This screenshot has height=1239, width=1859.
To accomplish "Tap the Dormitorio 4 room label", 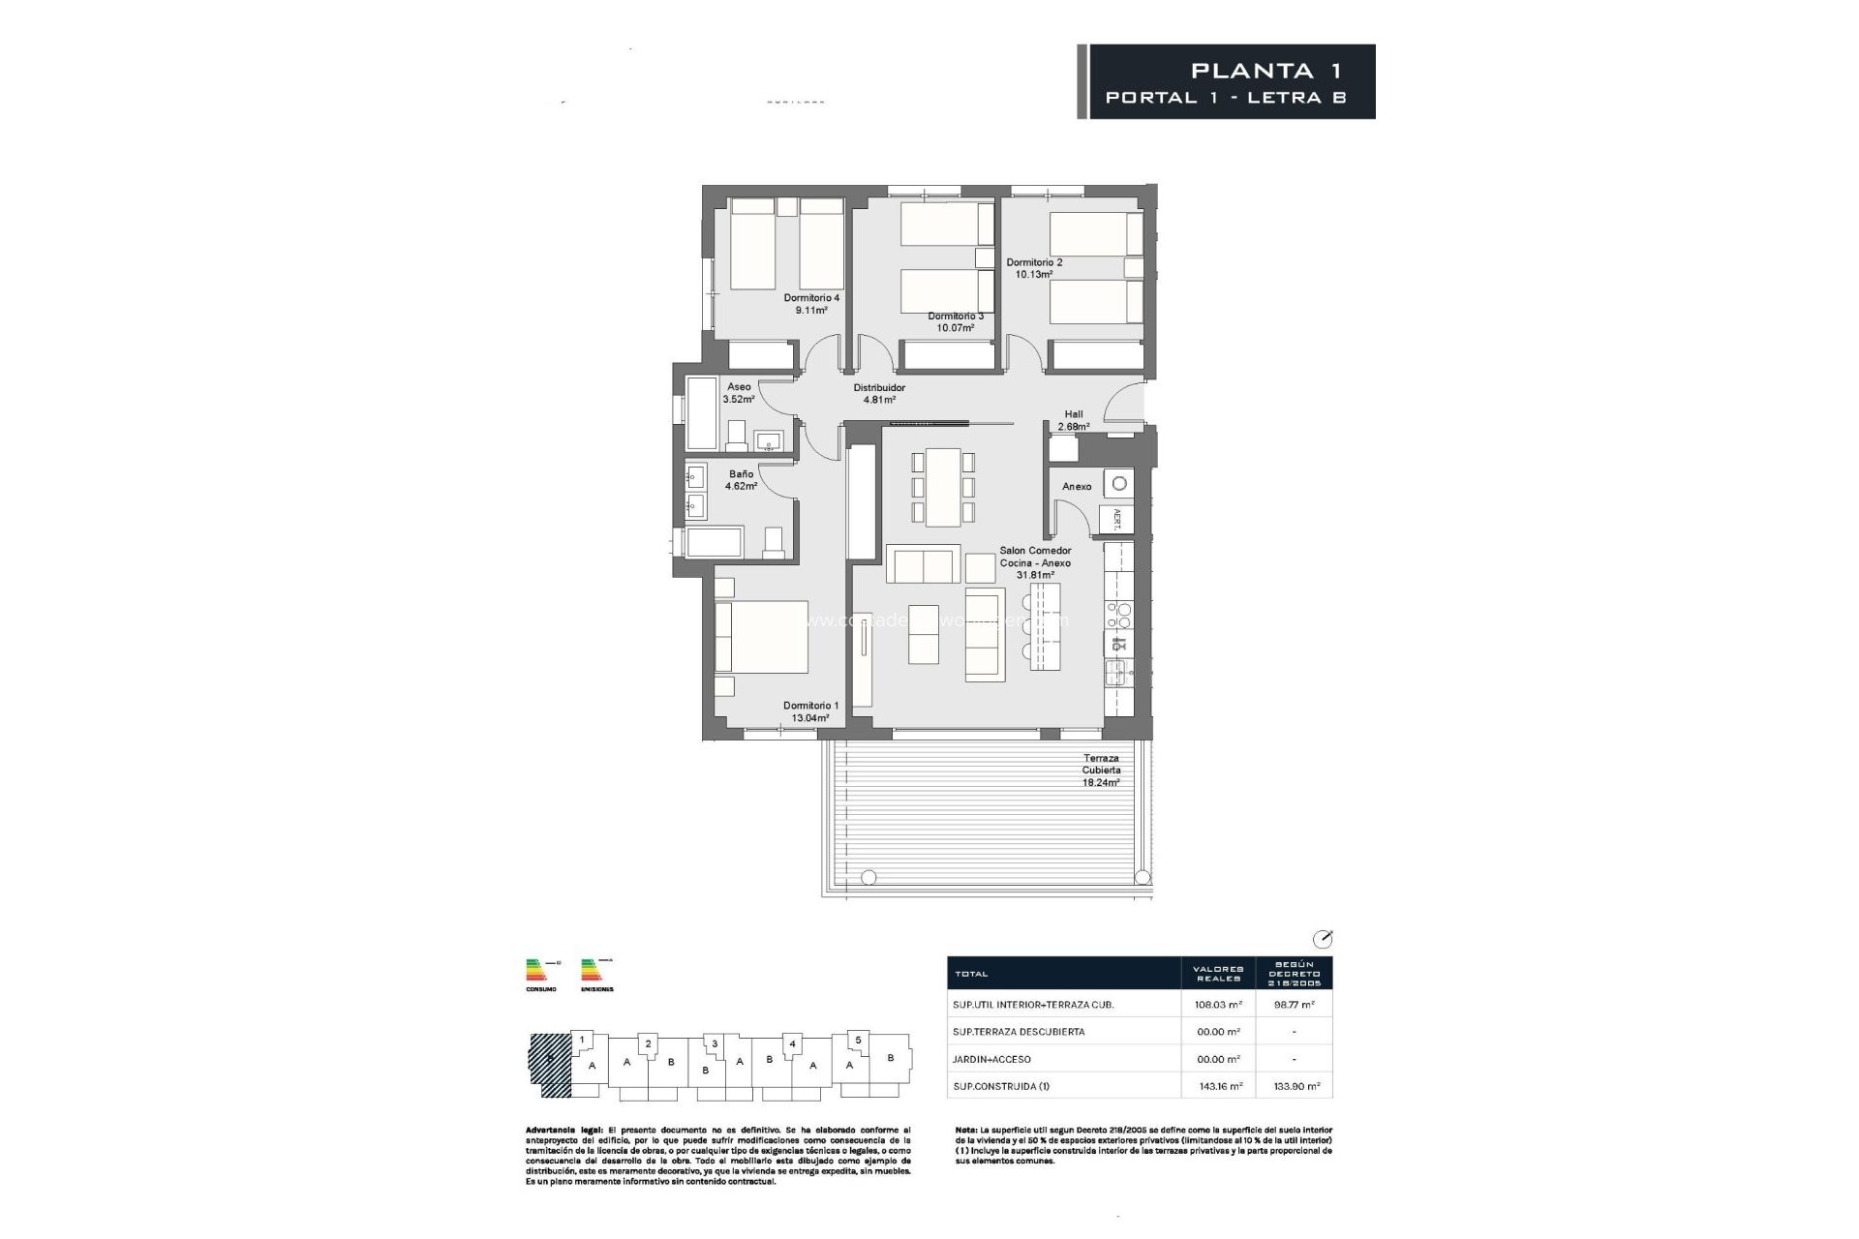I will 811,298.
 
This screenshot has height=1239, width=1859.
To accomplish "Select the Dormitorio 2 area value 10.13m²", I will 1033,275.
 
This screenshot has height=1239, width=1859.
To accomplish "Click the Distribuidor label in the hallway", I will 878,388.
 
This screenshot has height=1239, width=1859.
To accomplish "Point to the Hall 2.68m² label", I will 1073,420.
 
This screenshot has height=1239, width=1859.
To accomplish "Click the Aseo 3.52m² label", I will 739,392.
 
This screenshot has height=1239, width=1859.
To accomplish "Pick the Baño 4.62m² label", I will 741,480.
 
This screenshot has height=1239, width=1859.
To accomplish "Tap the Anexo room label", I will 1077,487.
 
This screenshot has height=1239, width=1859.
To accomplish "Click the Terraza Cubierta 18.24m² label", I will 1101,771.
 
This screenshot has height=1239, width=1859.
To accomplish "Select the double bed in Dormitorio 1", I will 762,637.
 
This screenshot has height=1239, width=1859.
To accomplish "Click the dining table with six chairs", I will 942,487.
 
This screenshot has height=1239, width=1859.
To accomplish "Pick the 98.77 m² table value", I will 1295,1005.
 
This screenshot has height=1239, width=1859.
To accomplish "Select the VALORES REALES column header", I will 1218,973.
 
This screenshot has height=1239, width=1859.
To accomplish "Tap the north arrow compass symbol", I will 1323,938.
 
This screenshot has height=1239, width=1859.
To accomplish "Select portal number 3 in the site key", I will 714,1043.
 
